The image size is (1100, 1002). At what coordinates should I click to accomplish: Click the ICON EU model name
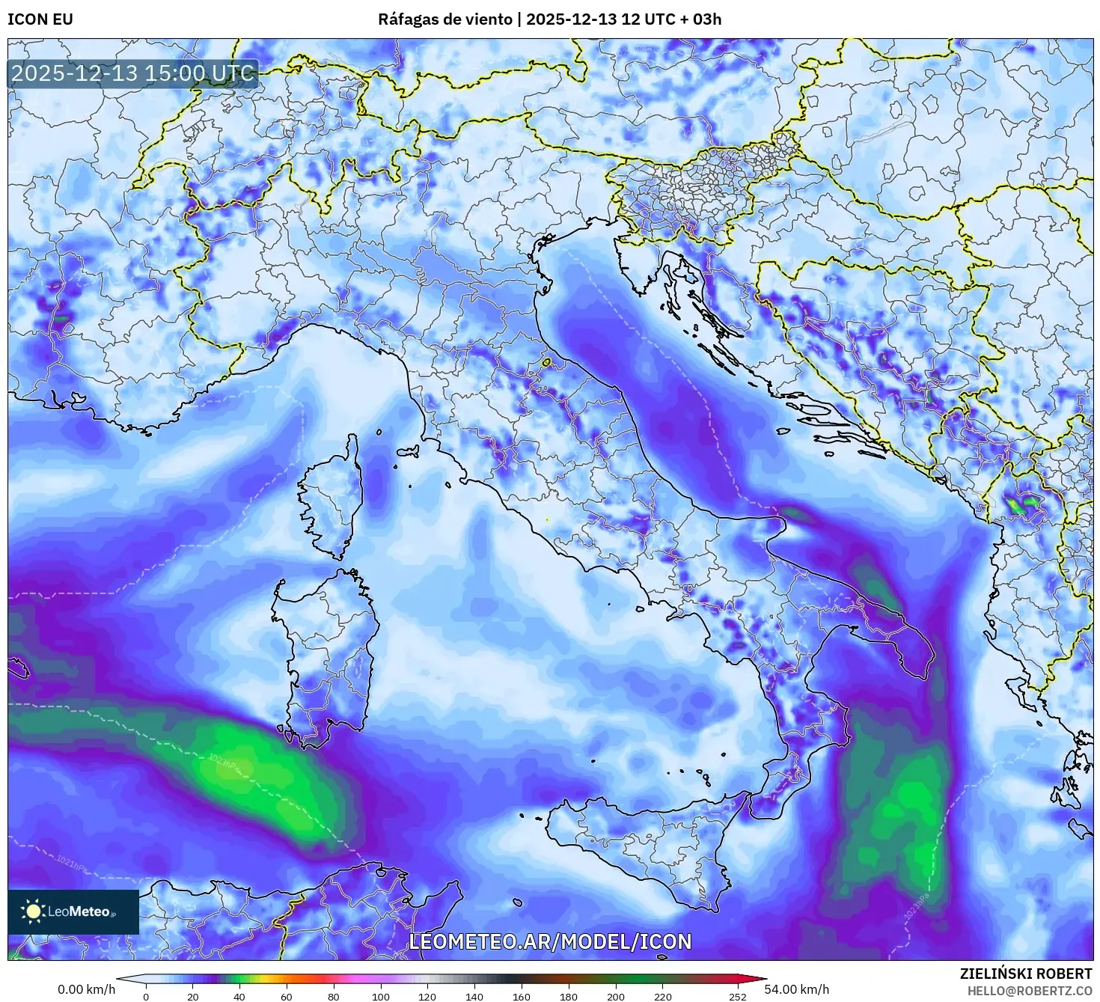tap(40, 19)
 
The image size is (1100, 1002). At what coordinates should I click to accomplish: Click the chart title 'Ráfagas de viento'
tap(445, 19)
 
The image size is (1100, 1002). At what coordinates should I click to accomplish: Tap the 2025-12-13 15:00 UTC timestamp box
tap(133, 73)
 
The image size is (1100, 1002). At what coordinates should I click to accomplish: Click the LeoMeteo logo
tap(73, 911)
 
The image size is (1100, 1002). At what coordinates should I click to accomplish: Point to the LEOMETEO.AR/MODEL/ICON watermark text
tap(550, 941)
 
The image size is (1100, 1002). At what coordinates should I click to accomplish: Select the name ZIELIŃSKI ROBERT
tap(1026, 974)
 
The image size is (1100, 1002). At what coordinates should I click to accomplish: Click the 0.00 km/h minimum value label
tap(87, 989)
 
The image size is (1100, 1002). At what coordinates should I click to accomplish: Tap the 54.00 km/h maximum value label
tap(797, 989)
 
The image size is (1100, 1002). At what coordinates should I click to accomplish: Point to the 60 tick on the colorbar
tap(287, 996)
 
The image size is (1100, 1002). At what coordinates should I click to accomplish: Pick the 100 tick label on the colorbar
tap(380, 996)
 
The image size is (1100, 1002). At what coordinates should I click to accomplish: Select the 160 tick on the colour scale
tap(522, 996)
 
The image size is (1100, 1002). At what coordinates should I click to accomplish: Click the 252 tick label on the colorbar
tap(738, 996)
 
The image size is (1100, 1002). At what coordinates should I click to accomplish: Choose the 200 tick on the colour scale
tap(616, 996)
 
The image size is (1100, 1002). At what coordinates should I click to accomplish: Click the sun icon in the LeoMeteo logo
tap(33, 911)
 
